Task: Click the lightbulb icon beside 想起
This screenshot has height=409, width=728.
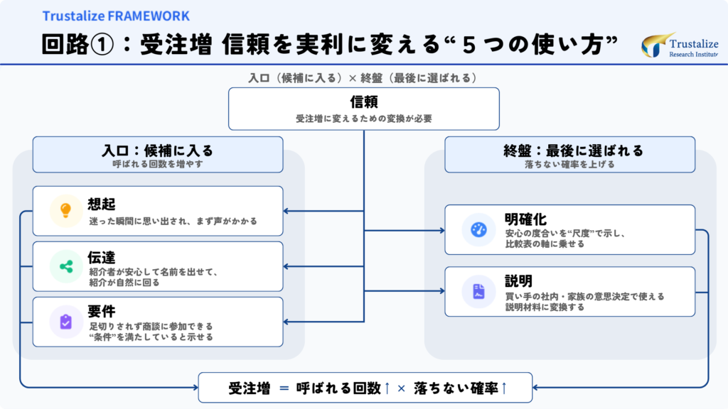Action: [65, 211]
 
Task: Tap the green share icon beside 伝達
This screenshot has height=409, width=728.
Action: [65, 266]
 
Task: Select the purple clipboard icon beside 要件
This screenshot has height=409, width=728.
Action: [65, 322]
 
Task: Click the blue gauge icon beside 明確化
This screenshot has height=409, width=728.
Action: [478, 229]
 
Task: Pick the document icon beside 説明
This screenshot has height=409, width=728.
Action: [478, 291]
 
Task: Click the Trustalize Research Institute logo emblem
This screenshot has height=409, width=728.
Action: [653, 45]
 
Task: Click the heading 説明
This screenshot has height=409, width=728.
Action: [518, 280]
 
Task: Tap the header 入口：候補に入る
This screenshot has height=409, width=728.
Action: [157, 151]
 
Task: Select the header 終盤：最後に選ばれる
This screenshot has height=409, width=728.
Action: [569, 151]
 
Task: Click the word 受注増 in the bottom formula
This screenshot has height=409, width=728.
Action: [250, 388]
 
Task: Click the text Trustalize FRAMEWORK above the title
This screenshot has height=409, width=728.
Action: [116, 16]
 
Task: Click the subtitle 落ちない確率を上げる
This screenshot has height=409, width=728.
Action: [569, 164]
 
